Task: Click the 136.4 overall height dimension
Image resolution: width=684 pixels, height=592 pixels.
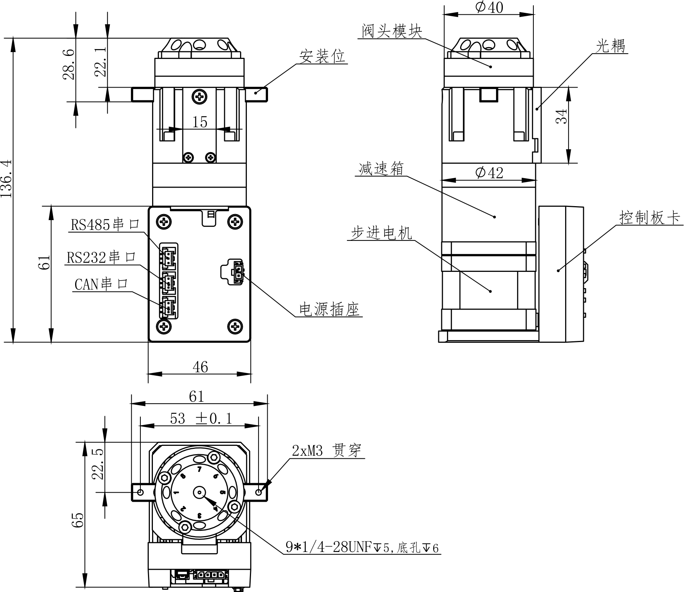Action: [7, 179]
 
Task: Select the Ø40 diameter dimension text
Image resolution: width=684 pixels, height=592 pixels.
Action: [489, 8]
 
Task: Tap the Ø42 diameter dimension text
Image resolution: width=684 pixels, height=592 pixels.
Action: [489, 173]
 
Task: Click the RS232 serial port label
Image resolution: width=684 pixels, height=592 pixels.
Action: [101, 257]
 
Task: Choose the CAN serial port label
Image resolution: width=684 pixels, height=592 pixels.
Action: [101, 284]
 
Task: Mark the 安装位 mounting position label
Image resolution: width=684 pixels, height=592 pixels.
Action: [322, 57]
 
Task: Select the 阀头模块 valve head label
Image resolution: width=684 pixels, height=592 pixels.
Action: [391, 31]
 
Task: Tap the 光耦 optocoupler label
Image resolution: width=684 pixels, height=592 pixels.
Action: [610, 46]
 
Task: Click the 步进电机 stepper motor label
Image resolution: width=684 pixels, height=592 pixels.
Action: [381, 233]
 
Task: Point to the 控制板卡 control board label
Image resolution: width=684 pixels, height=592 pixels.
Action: [649, 218]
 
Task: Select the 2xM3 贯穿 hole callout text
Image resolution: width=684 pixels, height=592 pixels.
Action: [327, 450]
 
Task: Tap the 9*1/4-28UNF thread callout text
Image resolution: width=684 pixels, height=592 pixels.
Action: [362, 547]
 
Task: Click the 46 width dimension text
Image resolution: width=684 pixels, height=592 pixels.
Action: [200, 367]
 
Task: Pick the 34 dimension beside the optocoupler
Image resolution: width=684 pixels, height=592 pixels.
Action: [562, 116]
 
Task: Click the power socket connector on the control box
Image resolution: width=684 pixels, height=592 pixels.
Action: [238, 271]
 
